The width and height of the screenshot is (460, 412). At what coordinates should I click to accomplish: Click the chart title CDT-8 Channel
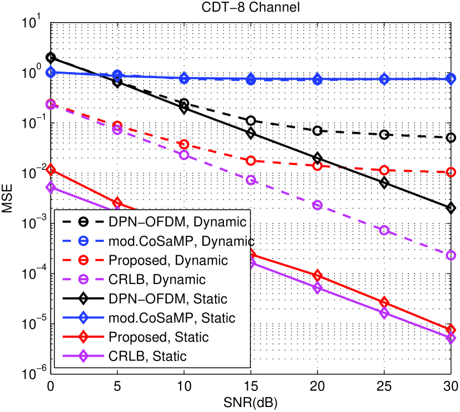(x=251, y=7)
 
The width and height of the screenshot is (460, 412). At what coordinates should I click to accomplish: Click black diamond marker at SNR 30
(x=451, y=208)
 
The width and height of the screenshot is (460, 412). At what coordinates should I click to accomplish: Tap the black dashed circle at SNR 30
(x=451, y=137)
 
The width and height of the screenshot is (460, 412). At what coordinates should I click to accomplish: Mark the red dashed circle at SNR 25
(x=384, y=170)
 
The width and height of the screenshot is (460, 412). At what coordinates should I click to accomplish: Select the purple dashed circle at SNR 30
(x=451, y=255)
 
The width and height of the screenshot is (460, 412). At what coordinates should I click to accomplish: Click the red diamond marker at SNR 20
(x=318, y=276)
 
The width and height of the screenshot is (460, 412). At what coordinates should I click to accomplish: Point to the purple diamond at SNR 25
(x=384, y=313)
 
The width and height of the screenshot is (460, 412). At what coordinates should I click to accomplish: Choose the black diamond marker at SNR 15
(x=251, y=133)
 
